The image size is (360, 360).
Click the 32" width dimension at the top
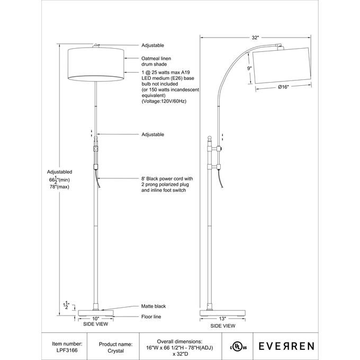(255, 38)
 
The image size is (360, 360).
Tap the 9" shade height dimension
(248, 68)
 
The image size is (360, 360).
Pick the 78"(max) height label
(59, 187)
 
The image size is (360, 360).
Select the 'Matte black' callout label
(154, 307)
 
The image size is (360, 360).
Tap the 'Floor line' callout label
(151, 317)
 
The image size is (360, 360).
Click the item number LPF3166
(67, 350)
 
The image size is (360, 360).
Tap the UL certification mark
(238, 347)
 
